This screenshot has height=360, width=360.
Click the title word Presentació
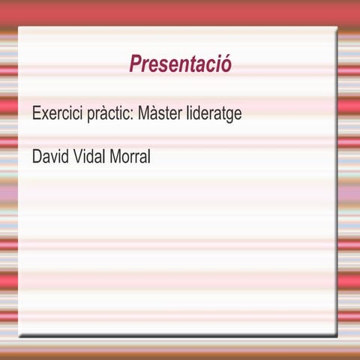coord(180,64)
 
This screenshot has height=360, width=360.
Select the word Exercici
coord(55,115)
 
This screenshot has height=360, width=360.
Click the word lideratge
coord(214,115)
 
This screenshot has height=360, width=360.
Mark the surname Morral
coord(132,157)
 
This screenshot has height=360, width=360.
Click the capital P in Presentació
coord(135,64)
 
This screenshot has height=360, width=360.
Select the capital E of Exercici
coord(36,115)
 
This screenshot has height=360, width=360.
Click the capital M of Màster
coord(144,115)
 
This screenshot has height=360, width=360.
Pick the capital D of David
coord(37,157)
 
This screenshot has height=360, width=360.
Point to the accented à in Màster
coord(154,115)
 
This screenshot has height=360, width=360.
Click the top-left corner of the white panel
coord(19,27)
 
